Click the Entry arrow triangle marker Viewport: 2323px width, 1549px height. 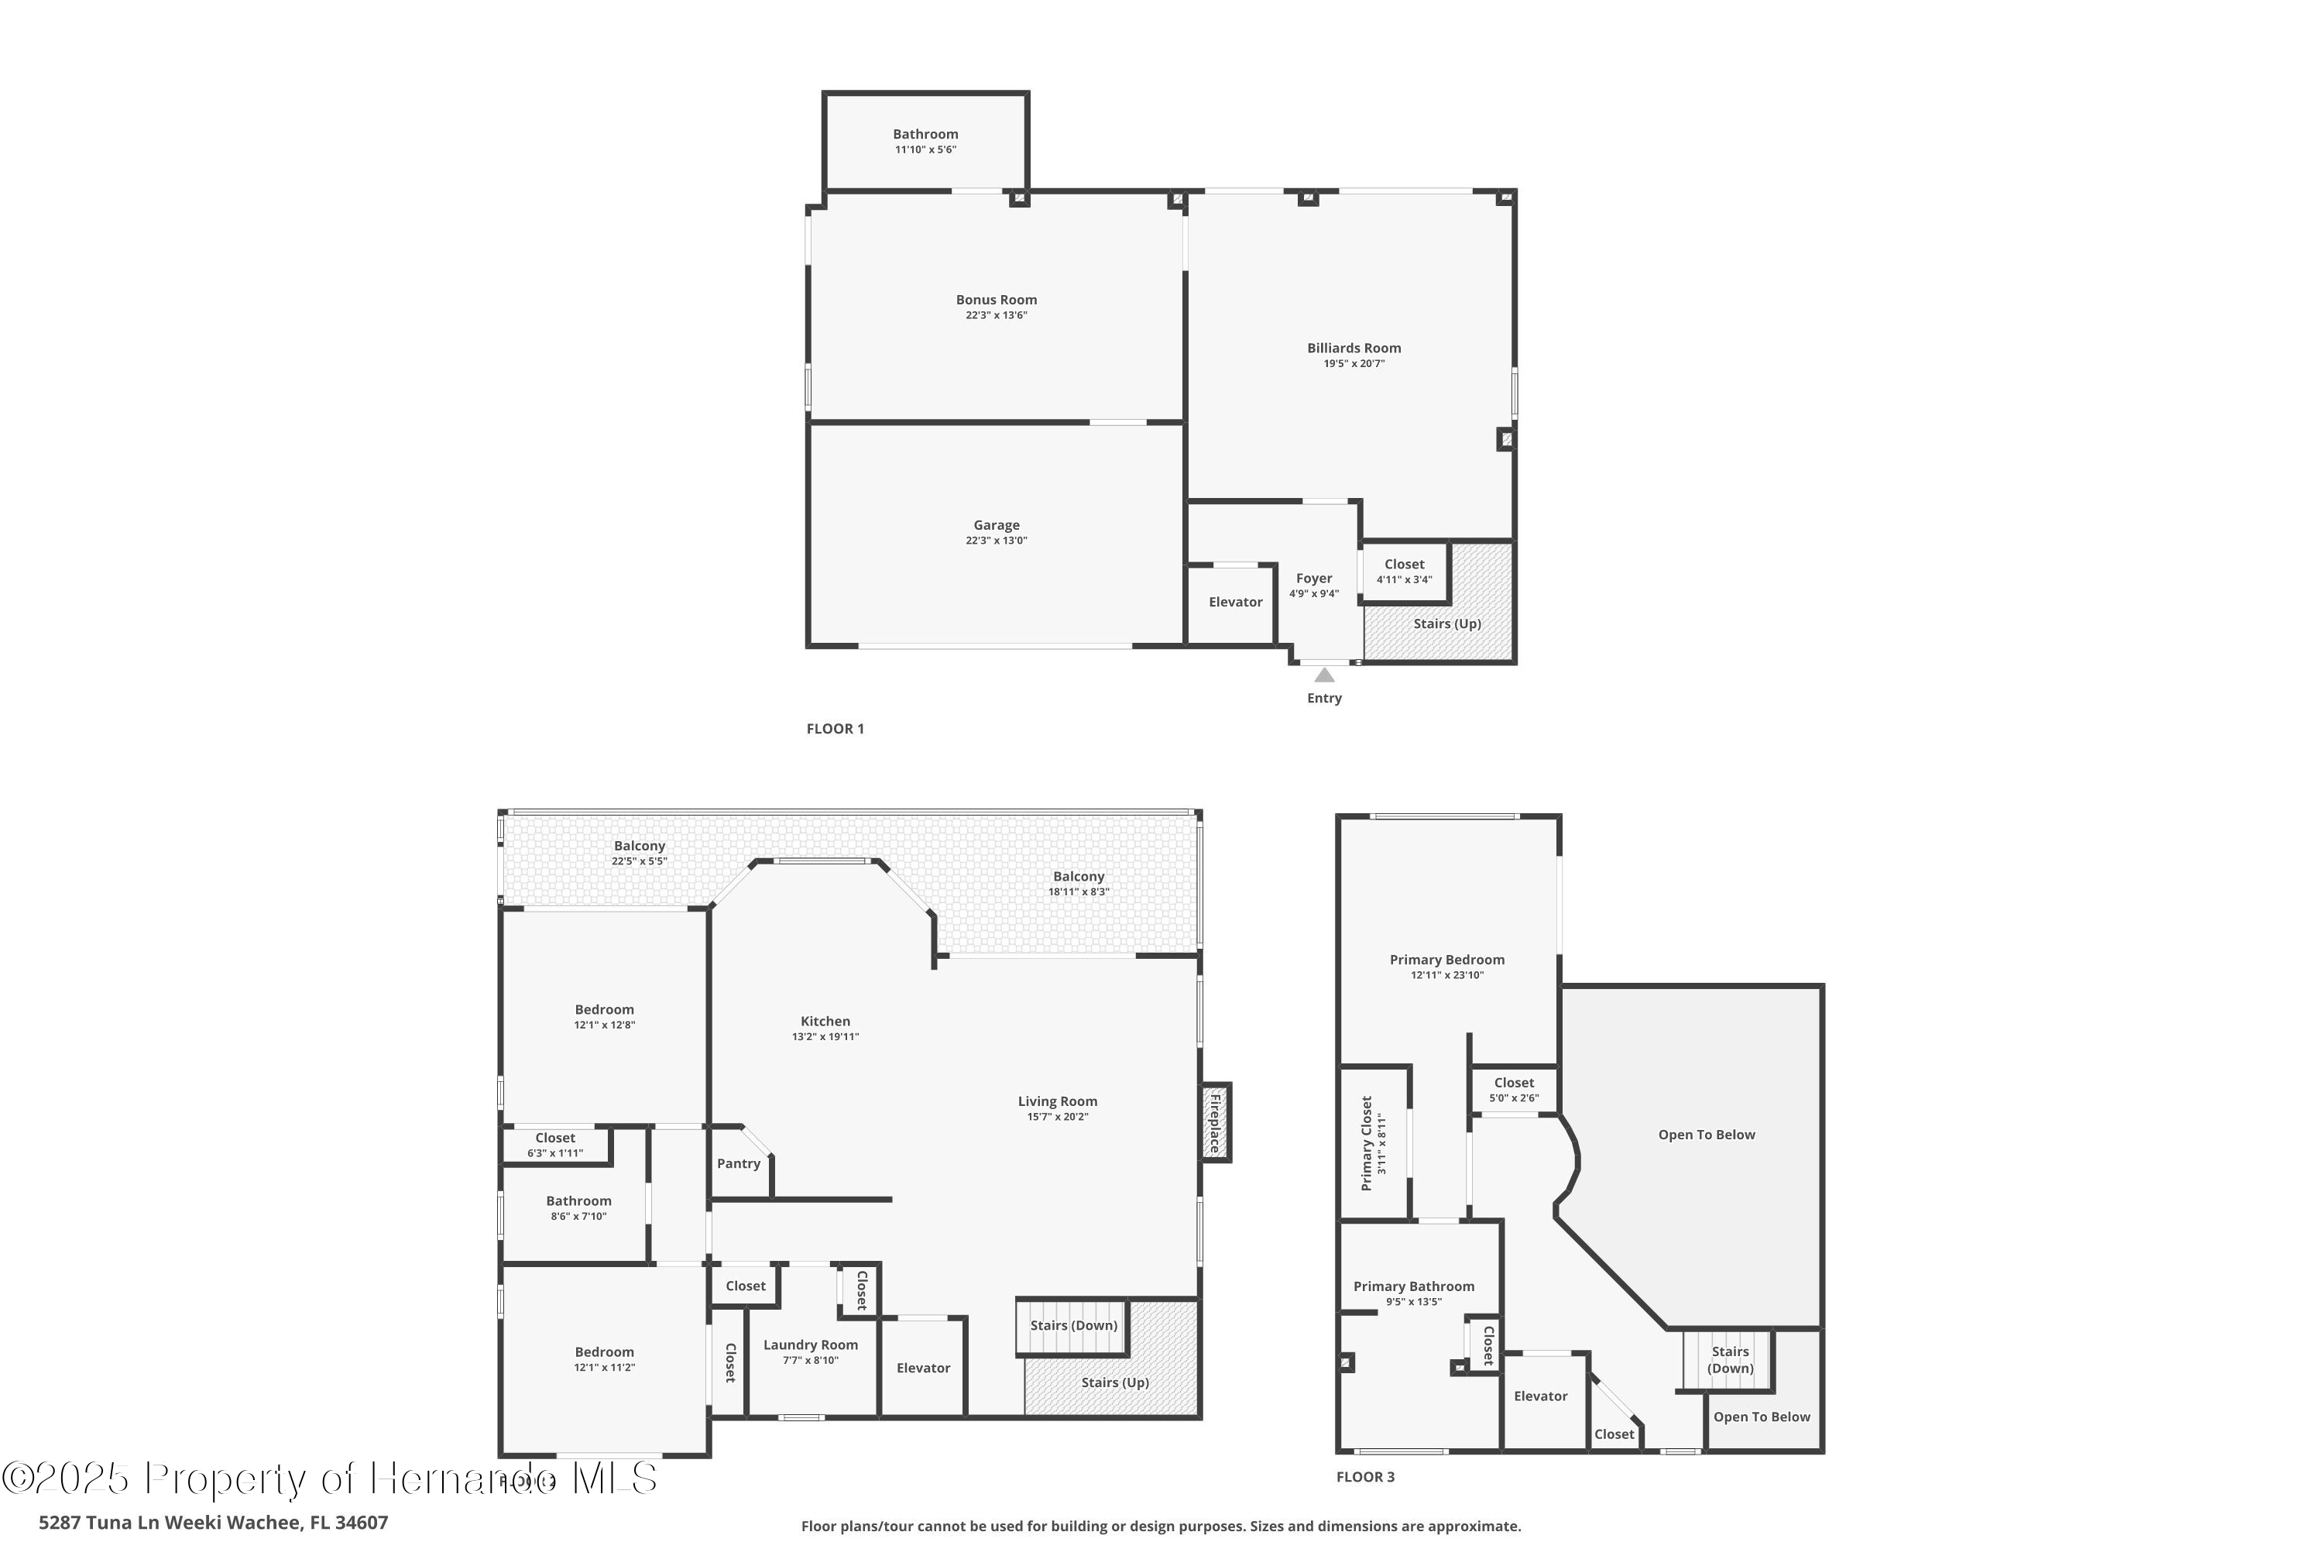(1323, 675)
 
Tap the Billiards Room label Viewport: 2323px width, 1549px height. (1353, 348)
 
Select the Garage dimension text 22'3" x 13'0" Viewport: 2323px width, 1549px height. (996, 541)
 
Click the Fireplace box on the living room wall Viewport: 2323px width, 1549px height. (1215, 1122)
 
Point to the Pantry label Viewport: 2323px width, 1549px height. (738, 1164)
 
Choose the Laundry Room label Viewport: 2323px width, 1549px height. (810, 1345)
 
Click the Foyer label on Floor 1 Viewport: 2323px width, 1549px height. (1313, 578)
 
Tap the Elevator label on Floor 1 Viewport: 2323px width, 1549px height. (1234, 602)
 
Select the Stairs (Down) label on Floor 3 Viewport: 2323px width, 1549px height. (1729, 1359)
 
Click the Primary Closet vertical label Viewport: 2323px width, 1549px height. (1367, 1143)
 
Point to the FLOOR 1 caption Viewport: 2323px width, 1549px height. (835, 729)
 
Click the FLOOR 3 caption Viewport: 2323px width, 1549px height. (1365, 1477)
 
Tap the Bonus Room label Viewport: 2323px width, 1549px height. (996, 299)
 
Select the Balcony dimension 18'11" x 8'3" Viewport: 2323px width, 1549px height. (1078, 891)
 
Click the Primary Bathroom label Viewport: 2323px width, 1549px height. (1413, 1286)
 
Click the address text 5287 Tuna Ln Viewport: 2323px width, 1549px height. (212, 1523)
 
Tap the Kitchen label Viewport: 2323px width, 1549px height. (825, 1022)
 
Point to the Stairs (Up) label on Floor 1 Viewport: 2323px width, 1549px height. (1446, 623)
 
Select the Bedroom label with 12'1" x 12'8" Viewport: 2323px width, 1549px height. (603, 1010)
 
